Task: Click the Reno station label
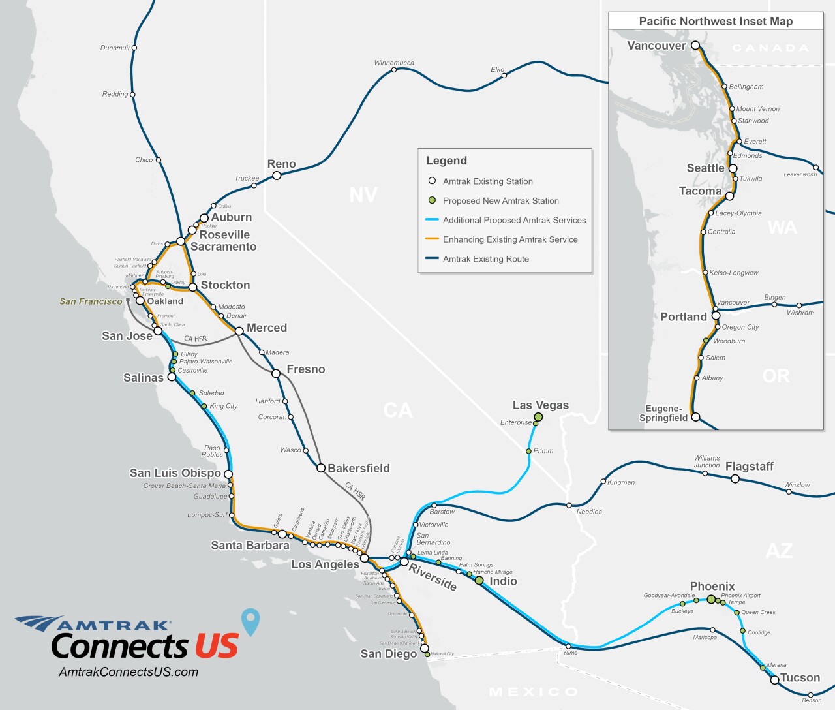[281, 164]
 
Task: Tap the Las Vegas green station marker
[538, 416]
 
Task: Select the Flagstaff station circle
[735, 479]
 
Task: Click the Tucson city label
[800, 677]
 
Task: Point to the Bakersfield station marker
[321, 468]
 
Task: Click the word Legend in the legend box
[446, 161]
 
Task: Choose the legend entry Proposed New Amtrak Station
[500, 201]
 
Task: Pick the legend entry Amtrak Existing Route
[485, 259]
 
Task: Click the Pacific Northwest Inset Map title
[716, 21]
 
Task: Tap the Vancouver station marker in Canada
[695, 46]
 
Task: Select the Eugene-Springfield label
[663, 413]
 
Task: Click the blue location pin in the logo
[250, 621]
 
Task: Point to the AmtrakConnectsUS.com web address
[129, 672]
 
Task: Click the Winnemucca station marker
[394, 70]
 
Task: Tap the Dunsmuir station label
[115, 48]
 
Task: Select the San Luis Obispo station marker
[228, 474]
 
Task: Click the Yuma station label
[570, 653]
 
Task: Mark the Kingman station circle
[603, 482]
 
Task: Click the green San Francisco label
[91, 301]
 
